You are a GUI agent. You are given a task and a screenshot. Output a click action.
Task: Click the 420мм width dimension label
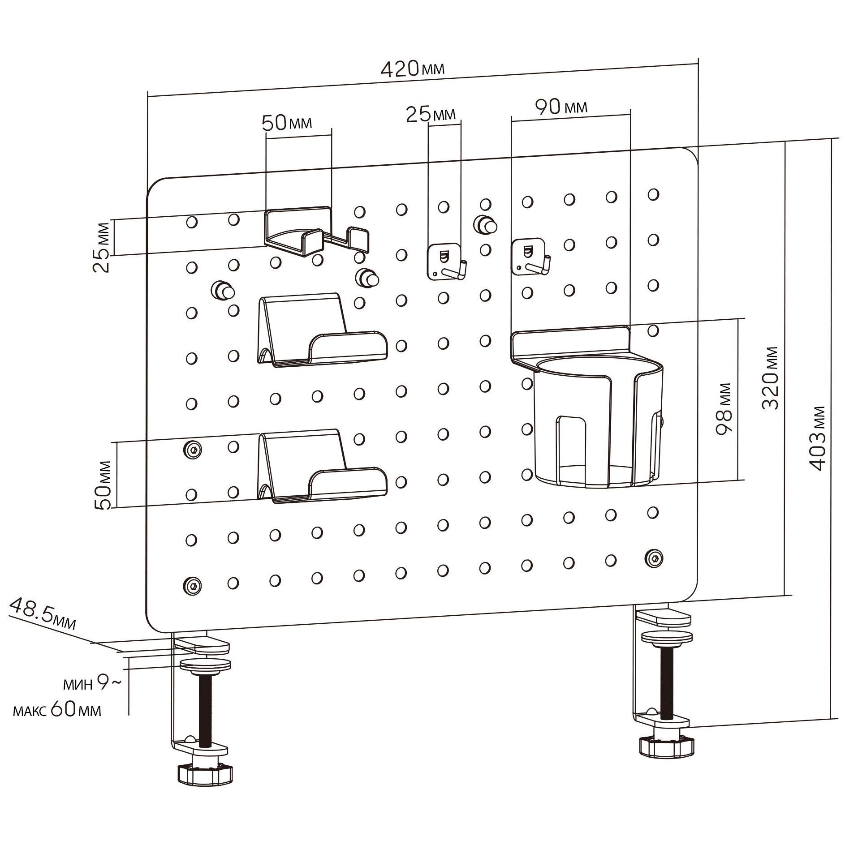[412, 69]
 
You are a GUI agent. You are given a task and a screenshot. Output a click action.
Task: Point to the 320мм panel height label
[771, 377]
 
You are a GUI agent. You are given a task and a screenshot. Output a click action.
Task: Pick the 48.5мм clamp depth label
[43, 614]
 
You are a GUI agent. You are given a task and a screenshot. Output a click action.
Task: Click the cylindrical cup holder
[598, 421]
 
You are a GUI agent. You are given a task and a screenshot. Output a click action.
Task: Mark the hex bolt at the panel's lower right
[654, 558]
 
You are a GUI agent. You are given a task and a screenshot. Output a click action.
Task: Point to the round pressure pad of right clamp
[666, 637]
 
